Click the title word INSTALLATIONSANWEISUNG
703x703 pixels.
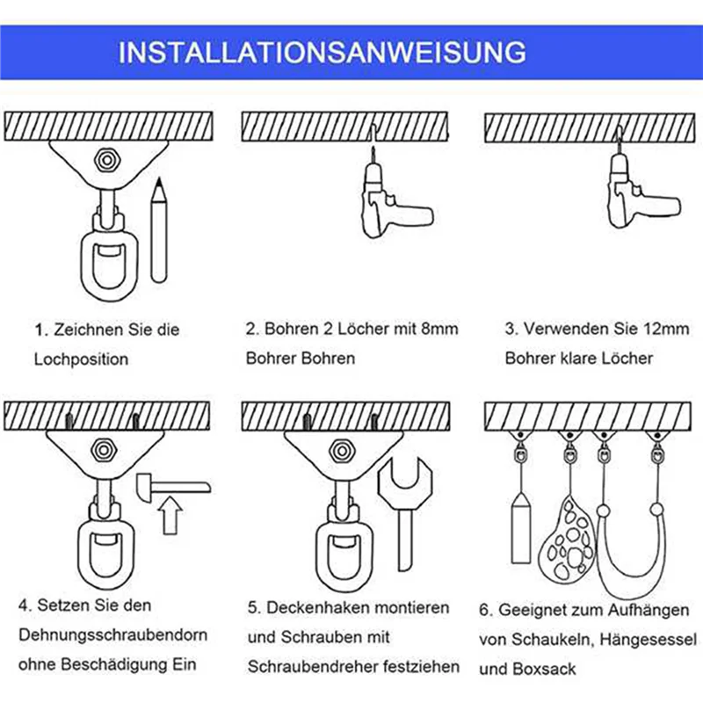[x=322, y=52]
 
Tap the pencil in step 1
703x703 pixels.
[x=159, y=230]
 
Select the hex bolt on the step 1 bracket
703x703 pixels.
[x=107, y=160]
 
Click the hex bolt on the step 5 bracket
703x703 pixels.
[x=343, y=451]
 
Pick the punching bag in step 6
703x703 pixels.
[x=520, y=528]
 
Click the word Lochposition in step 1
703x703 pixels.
[x=81, y=359]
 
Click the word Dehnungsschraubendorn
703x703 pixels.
[x=113, y=634]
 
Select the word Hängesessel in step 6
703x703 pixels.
[x=649, y=640]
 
